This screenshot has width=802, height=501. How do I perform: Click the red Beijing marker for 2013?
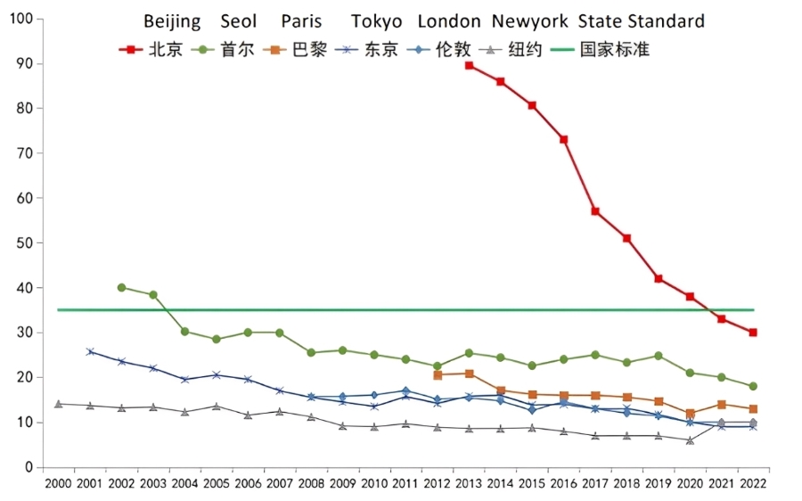(x=469, y=65)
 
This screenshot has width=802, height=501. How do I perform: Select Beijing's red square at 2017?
(x=595, y=211)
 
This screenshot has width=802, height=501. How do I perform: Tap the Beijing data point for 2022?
(x=753, y=333)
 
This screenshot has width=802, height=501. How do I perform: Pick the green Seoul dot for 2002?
(x=121, y=287)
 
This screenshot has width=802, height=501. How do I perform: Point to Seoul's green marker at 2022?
(x=753, y=386)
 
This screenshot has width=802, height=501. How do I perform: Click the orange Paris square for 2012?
(x=438, y=375)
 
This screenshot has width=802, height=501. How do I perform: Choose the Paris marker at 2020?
(x=690, y=414)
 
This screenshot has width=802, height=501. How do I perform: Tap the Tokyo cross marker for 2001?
(x=90, y=351)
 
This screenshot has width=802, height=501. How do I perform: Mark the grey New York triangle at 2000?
(x=59, y=404)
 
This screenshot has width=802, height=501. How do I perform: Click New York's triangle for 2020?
(x=690, y=439)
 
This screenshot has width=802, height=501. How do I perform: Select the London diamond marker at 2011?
(x=405, y=390)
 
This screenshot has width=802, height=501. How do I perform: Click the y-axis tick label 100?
(x=20, y=19)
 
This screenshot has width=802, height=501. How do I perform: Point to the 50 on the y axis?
(x=24, y=242)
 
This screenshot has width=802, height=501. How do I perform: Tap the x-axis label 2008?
(x=311, y=483)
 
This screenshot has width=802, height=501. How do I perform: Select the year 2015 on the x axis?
(x=532, y=483)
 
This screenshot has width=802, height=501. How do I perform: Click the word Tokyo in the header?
(x=376, y=21)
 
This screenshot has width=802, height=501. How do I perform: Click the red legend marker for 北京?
(x=131, y=50)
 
